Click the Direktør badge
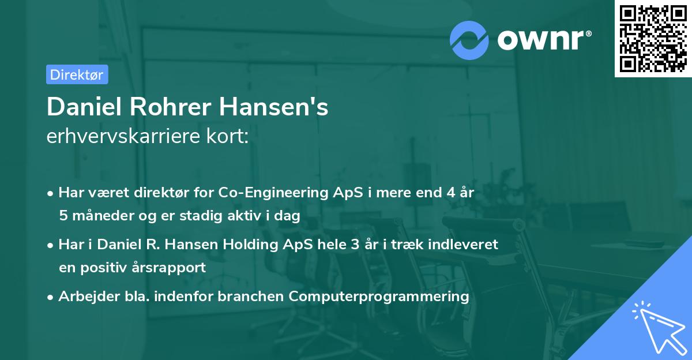77,74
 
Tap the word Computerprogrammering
379,297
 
